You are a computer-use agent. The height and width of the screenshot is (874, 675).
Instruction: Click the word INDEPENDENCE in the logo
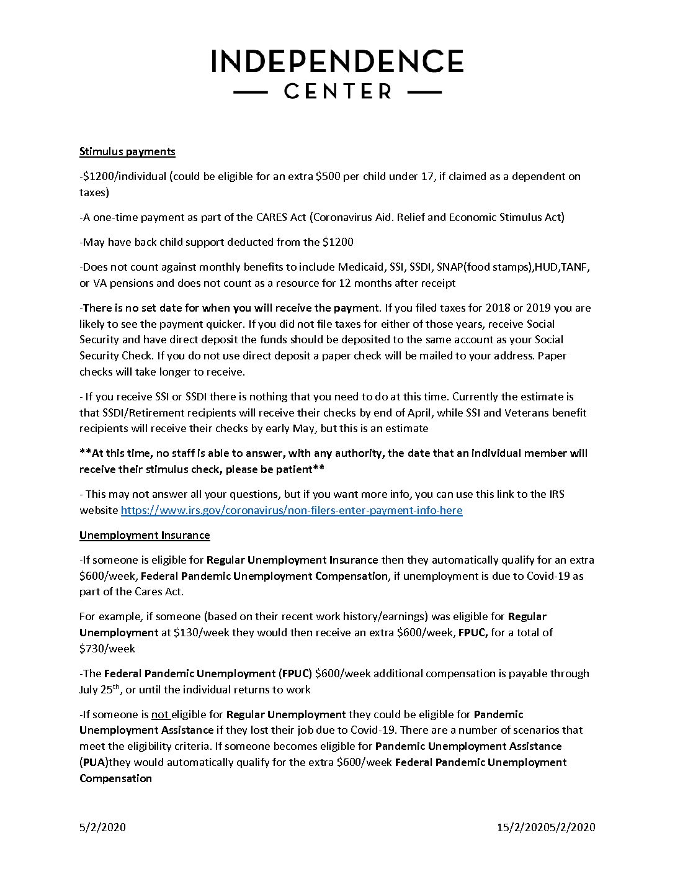337,61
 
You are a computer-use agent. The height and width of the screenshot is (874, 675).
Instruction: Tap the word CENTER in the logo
337,91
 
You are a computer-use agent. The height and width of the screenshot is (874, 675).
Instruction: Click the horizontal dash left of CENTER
250,92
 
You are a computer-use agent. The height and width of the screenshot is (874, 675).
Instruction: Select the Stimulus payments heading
127,151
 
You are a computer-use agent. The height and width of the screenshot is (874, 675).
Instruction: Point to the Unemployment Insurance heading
145,535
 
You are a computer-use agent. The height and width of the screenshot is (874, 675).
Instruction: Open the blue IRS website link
292,510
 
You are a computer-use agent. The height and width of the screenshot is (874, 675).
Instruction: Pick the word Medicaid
361,267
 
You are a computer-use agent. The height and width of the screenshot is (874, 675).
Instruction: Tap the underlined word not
160,714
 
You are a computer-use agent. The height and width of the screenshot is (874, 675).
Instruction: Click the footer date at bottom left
102,827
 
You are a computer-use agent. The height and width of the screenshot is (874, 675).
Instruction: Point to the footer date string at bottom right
546,827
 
